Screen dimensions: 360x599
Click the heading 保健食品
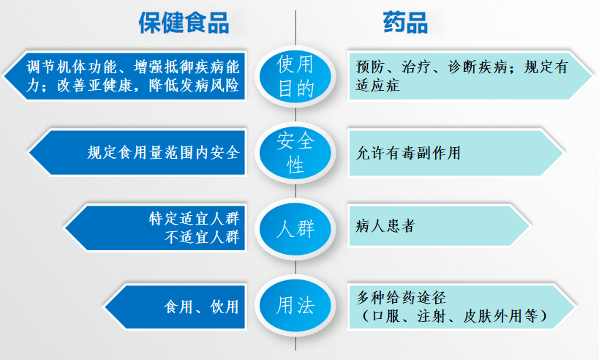pos(184,23)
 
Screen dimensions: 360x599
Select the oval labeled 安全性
pos(295,152)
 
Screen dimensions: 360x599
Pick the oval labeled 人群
pos(295,228)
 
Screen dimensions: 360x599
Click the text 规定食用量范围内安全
pos(162,153)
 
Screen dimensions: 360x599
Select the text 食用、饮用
pos(202,306)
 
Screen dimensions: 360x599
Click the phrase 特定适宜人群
pos(193,218)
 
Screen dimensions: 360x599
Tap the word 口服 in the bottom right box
pos(388,315)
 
